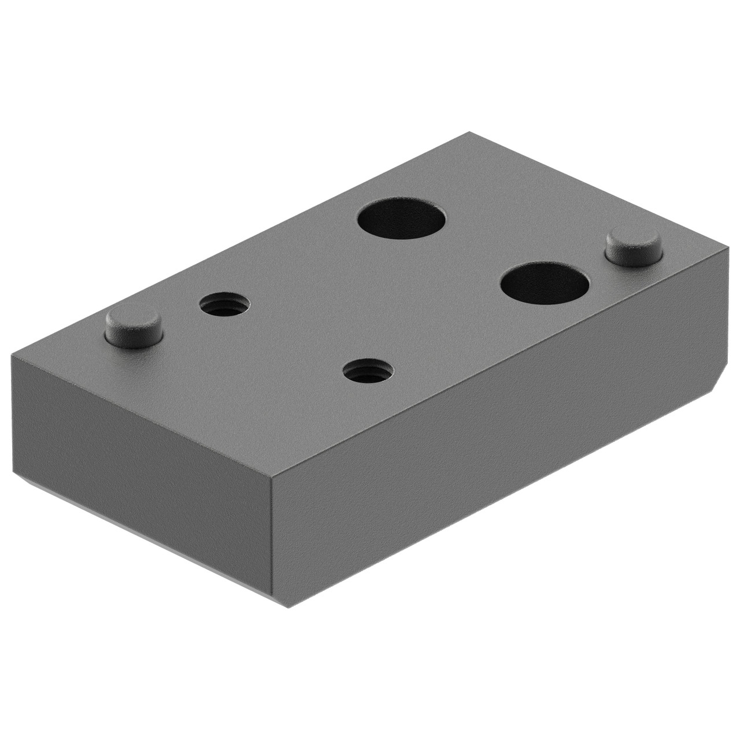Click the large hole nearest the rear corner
pyautogui.click(x=402, y=219)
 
